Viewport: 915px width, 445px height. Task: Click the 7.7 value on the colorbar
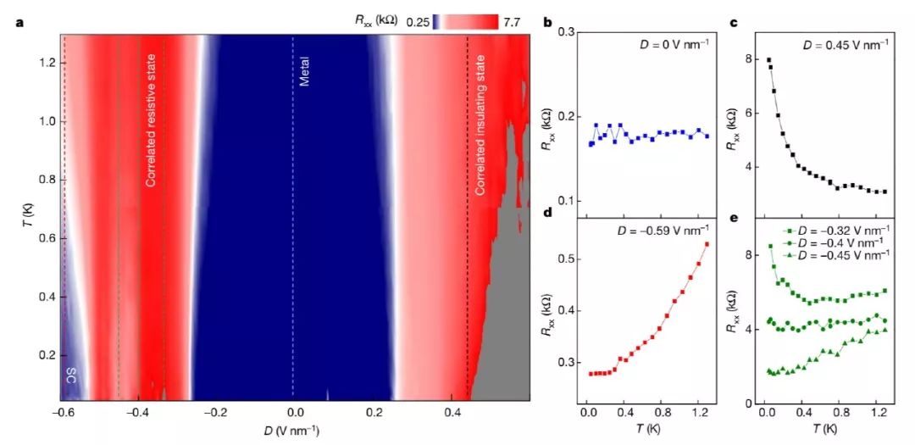pyautogui.click(x=511, y=23)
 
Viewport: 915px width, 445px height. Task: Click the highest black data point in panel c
pyautogui.click(x=768, y=60)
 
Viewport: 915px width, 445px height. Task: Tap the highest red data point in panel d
pyautogui.click(x=707, y=244)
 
